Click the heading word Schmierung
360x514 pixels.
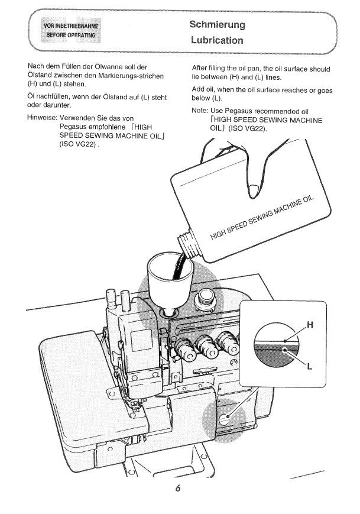217,25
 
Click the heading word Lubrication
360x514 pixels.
217,40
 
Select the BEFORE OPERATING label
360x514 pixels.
71,35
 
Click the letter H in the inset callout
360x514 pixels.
310,324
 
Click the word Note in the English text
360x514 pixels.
200,111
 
